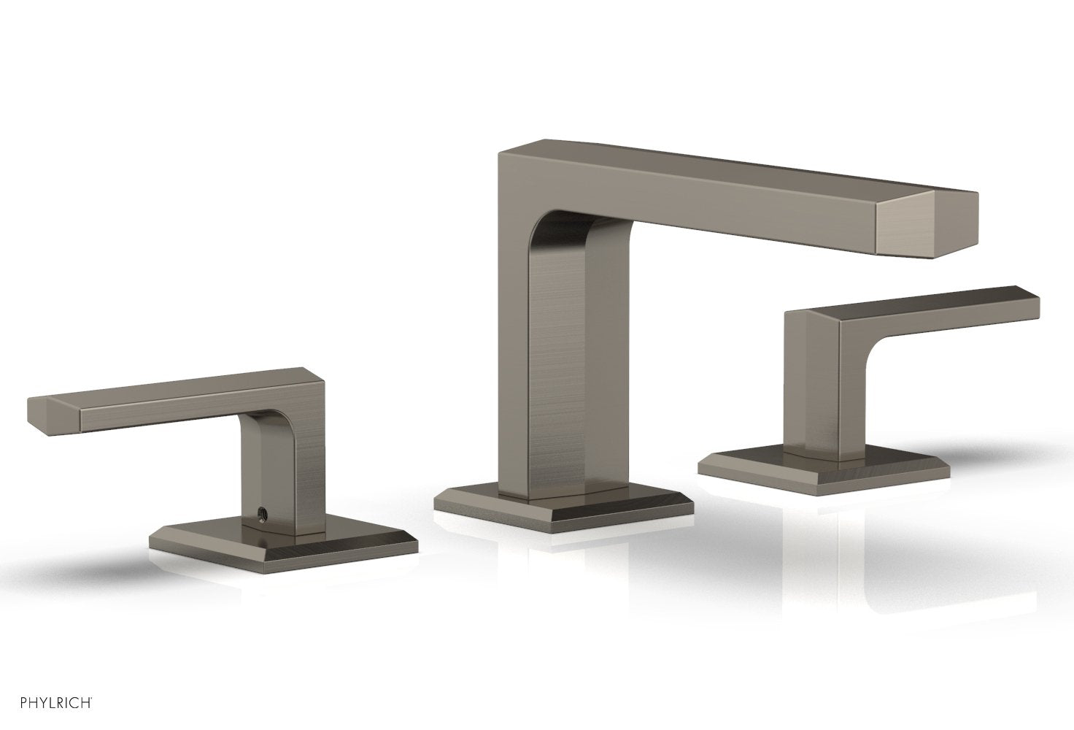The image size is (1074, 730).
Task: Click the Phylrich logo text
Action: [48, 704]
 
